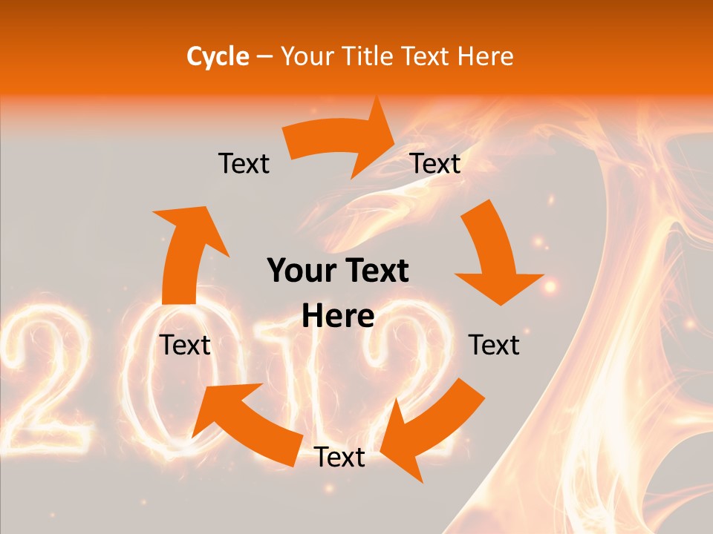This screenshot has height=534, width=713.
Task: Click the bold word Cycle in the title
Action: click(x=218, y=56)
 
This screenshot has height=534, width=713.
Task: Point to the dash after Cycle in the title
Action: click(x=264, y=57)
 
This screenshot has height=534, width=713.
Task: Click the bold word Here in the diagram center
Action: click(x=338, y=317)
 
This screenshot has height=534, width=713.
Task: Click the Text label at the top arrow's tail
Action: click(x=244, y=164)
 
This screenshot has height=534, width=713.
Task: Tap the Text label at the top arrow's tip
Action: click(x=435, y=164)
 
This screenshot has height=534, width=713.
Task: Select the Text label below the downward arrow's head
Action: click(x=494, y=345)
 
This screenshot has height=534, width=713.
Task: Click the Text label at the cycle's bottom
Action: click(x=339, y=457)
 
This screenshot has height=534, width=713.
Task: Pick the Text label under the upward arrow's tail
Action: click(x=185, y=345)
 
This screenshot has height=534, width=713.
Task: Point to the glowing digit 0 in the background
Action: click(x=160, y=371)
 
